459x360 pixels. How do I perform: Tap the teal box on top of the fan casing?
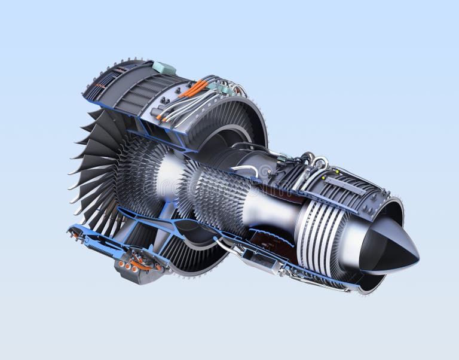[164, 68]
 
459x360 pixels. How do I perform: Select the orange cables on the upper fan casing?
[193, 90]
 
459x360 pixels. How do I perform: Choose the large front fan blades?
[96, 173]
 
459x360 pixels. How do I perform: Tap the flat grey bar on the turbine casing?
[346, 186]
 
